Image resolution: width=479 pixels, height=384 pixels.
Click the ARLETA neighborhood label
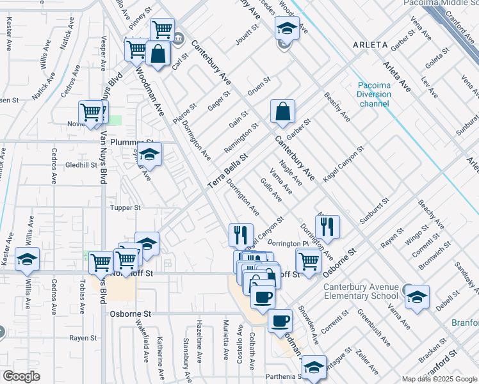tap(370, 45)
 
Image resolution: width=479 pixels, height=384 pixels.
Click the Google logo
tap(21, 376)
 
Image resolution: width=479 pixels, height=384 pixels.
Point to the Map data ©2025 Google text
tap(439, 379)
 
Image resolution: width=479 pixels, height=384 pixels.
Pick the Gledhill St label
tap(81, 164)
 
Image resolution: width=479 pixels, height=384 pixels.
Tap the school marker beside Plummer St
tap(150, 155)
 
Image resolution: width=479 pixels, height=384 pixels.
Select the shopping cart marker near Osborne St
tap(309, 261)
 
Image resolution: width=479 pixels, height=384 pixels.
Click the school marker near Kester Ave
tap(28, 259)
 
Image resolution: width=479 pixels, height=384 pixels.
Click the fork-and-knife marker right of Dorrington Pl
tap(327, 226)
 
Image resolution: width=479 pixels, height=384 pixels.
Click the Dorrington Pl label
tap(288, 244)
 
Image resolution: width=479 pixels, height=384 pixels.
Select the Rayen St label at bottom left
tap(83, 338)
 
